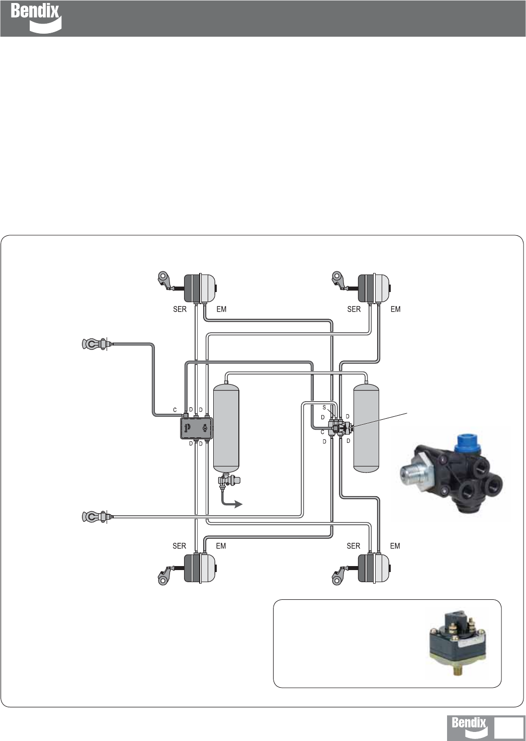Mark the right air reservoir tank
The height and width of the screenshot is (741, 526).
tap(367, 428)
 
